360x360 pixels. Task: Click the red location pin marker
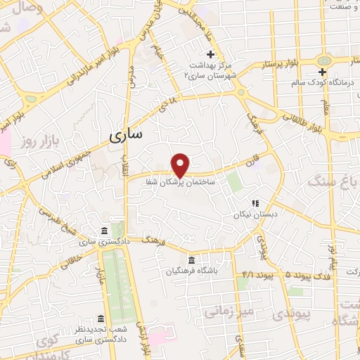pyautogui.click(x=181, y=165)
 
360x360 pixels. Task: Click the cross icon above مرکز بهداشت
pyautogui.click(x=210, y=55)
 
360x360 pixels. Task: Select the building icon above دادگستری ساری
pyautogui.click(x=104, y=232)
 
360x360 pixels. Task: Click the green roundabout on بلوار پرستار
pyautogui.click(x=325, y=61)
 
